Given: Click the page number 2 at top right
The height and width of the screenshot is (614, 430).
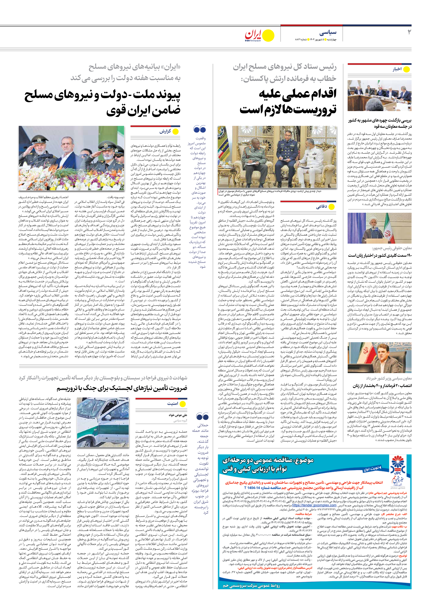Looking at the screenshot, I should click(x=409, y=32).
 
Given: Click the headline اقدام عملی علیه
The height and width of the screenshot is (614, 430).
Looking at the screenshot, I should click(x=298, y=94).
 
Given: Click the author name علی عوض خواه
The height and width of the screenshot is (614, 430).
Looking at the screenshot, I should click(x=178, y=415).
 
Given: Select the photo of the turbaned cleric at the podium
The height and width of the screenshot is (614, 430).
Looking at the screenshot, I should click(x=379, y=228).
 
